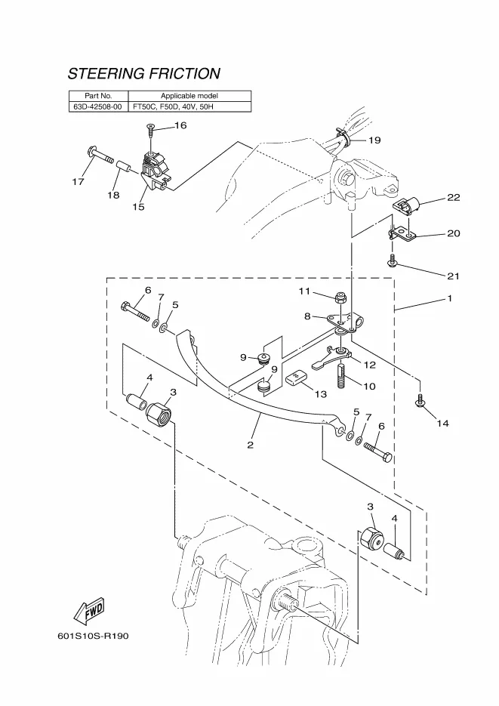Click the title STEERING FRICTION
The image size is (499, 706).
pyautogui.click(x=144, y=74)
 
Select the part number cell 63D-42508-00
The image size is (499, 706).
pyautogui.click(x=98, y=107)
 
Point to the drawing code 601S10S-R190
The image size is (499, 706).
pyautogui.click(x=93, y=635)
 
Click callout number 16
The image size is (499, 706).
pyautogui.click(x=180, y=125)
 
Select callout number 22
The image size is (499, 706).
pyautogui.click(x=453, y=198)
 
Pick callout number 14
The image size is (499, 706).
pyautogui.click(x=442, y=424)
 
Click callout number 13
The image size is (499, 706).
pyautogui.click(x=320, y=394)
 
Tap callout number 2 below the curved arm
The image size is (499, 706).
pyautogui.click(x=250, y=445)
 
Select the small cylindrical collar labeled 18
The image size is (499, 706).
pyautogui.click(x=123, y=165)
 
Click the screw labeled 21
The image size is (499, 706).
pyautogui.click(x=393, y=261)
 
